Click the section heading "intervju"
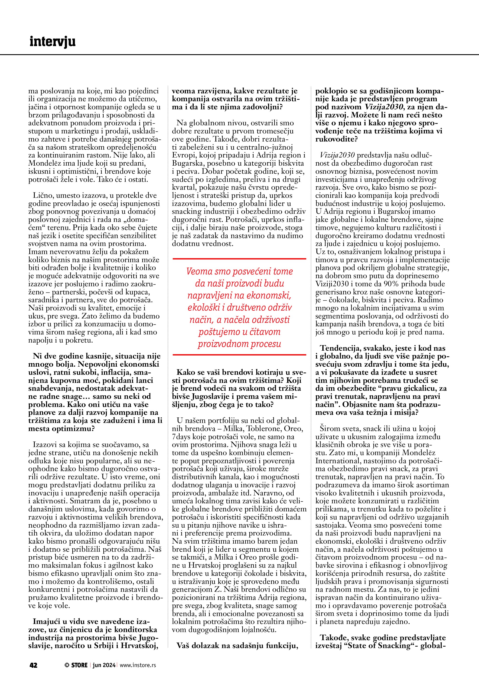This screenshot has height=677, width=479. point(53,42)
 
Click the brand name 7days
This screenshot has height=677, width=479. point(182,437)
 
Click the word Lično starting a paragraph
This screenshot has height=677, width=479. point(42,195)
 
